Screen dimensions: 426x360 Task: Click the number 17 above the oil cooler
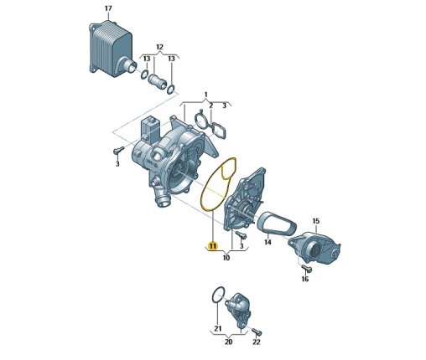coord(108,8)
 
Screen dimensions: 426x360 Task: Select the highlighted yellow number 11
coord(213,246)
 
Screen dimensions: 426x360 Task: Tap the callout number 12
coord(159,47)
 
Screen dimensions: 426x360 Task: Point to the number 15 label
coord(315,221)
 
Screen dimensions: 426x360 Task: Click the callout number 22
coord(257,342)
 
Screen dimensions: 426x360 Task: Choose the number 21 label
coord(218,328)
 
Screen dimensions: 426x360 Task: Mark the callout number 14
coord(268,242)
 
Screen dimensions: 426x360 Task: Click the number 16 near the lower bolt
coord(305,279)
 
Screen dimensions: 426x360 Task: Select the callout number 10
coord(226,258)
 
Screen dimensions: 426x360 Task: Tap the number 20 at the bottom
coord(228,342)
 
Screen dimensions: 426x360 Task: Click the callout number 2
coord(211,105)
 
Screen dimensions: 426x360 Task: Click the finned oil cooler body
coord(110,48)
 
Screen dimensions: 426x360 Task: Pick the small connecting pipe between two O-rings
coord(157,80)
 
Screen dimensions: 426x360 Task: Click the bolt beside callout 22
coord(257,332)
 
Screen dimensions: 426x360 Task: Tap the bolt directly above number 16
coord(307,268)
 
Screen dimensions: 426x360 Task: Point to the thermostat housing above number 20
coord(237,310)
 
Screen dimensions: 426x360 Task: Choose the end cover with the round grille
coord(314,247)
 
